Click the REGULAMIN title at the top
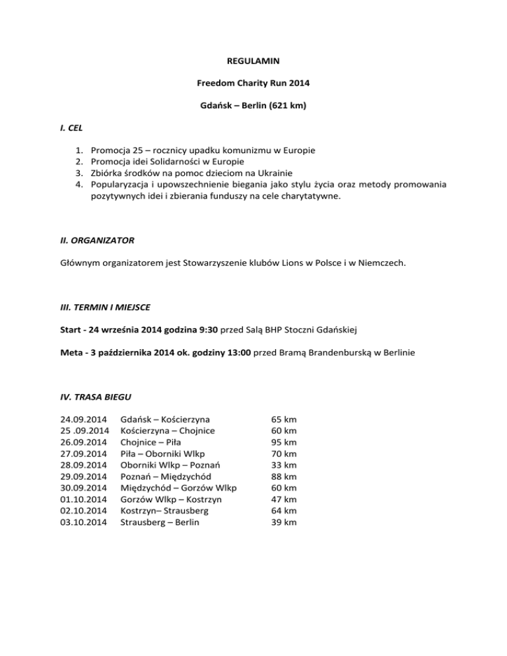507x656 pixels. coord(253,61)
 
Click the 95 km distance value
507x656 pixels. coord(284,442)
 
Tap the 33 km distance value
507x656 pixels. coord(284,465)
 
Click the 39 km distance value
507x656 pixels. coord(284,522)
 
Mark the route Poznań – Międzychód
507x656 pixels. coord(166,476)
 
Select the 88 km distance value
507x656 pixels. coord(284,476)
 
